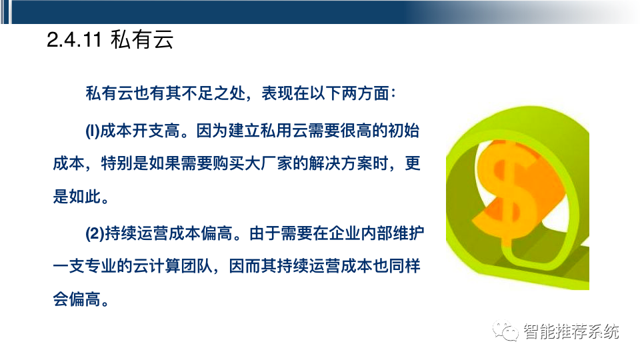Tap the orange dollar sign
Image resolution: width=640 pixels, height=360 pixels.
pyautogui.click(x=513, y=191)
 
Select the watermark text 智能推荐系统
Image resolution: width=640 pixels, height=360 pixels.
pyautogui.click(x=571, y=331)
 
